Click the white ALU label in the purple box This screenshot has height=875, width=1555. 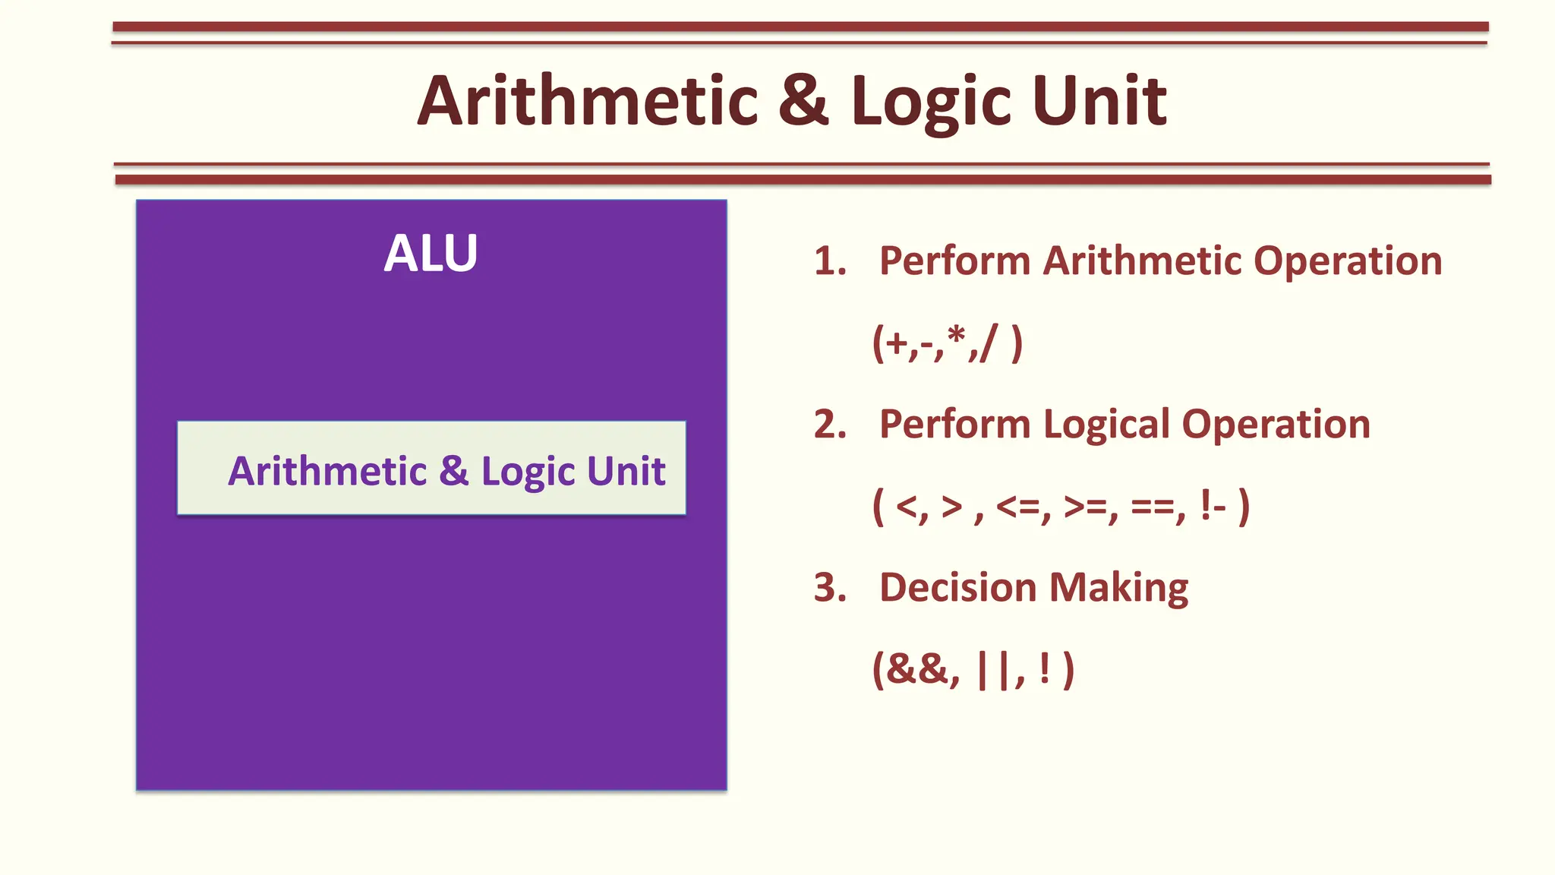pos(431,253)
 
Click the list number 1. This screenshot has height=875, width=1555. pos(829,261)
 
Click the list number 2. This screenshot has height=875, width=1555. pos(829,425)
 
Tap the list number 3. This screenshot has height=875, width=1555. pos(829,588)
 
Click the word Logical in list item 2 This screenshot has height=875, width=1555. pos(1106,425)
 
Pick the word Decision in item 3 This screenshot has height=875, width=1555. pos(957,588)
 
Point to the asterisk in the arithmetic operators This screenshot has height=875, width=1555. pos(957,335)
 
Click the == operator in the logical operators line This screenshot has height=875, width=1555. pos(1153,507)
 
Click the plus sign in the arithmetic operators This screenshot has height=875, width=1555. pos(897,344)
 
